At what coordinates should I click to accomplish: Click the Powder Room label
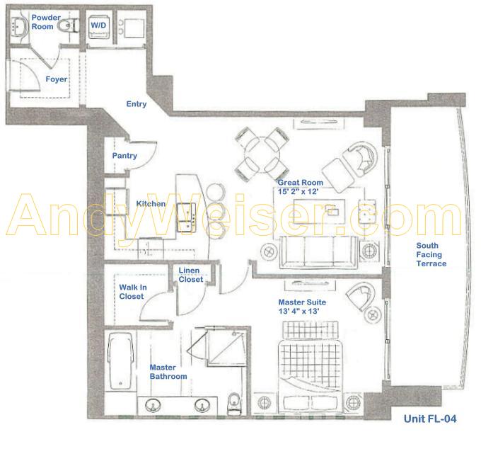(x=46, y=22)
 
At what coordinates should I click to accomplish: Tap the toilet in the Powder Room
(x=70, y=25)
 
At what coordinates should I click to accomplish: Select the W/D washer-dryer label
(x=98, y=25)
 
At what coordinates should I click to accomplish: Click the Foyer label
(x=57, y=79)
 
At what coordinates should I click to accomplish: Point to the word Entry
(x=137, y=104)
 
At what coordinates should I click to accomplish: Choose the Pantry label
(x=124, y=156)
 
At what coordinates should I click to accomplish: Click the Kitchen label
(x=151, y=203)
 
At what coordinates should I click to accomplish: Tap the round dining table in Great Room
(x=262, y=154)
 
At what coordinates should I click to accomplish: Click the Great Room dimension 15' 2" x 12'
(x=299, y=191)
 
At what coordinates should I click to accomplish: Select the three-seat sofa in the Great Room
(x=318, y=252)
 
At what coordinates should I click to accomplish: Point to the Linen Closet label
(x=191, y=275)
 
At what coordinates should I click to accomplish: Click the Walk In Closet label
(x=133, y=292)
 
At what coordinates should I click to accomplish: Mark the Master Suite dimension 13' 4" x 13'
(x=299, y=311)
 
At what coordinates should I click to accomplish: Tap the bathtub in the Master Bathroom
(x=120, y=360)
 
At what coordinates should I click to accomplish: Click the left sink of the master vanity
(x=153, y=405)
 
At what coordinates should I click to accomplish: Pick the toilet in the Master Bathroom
(x=234, y=403)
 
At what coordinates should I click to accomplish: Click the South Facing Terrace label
(x=431, y=254)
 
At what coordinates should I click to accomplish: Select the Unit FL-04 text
(x=430, y=419)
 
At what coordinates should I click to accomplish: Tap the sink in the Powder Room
(x=18, y=25)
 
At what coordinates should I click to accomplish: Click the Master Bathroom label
(x=168, y=372)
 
